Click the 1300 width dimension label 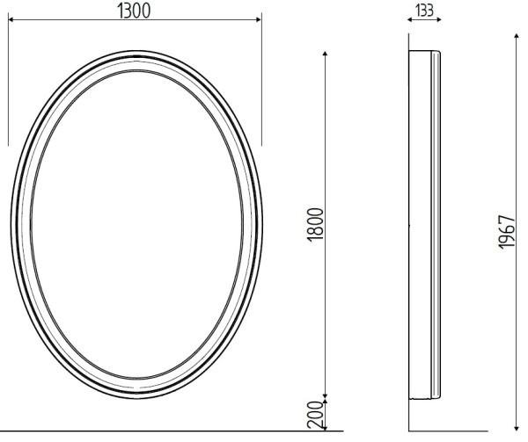click(x=134, y=11)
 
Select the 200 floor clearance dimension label click(x=318, y=414)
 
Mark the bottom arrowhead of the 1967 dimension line click(x=517, y=429)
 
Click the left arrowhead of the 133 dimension click(x=411, y=19)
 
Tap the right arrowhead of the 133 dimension click(x=438, y=19)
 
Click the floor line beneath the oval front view click(x=132, y=431)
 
